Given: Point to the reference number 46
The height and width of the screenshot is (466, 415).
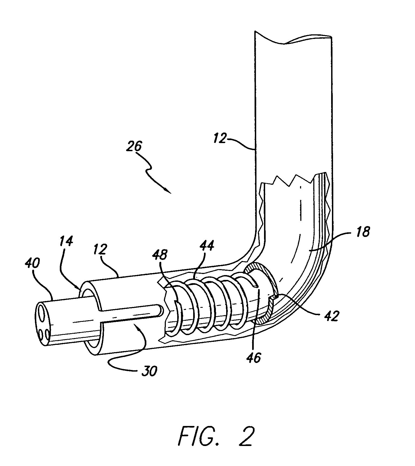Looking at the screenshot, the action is coord(254,358).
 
